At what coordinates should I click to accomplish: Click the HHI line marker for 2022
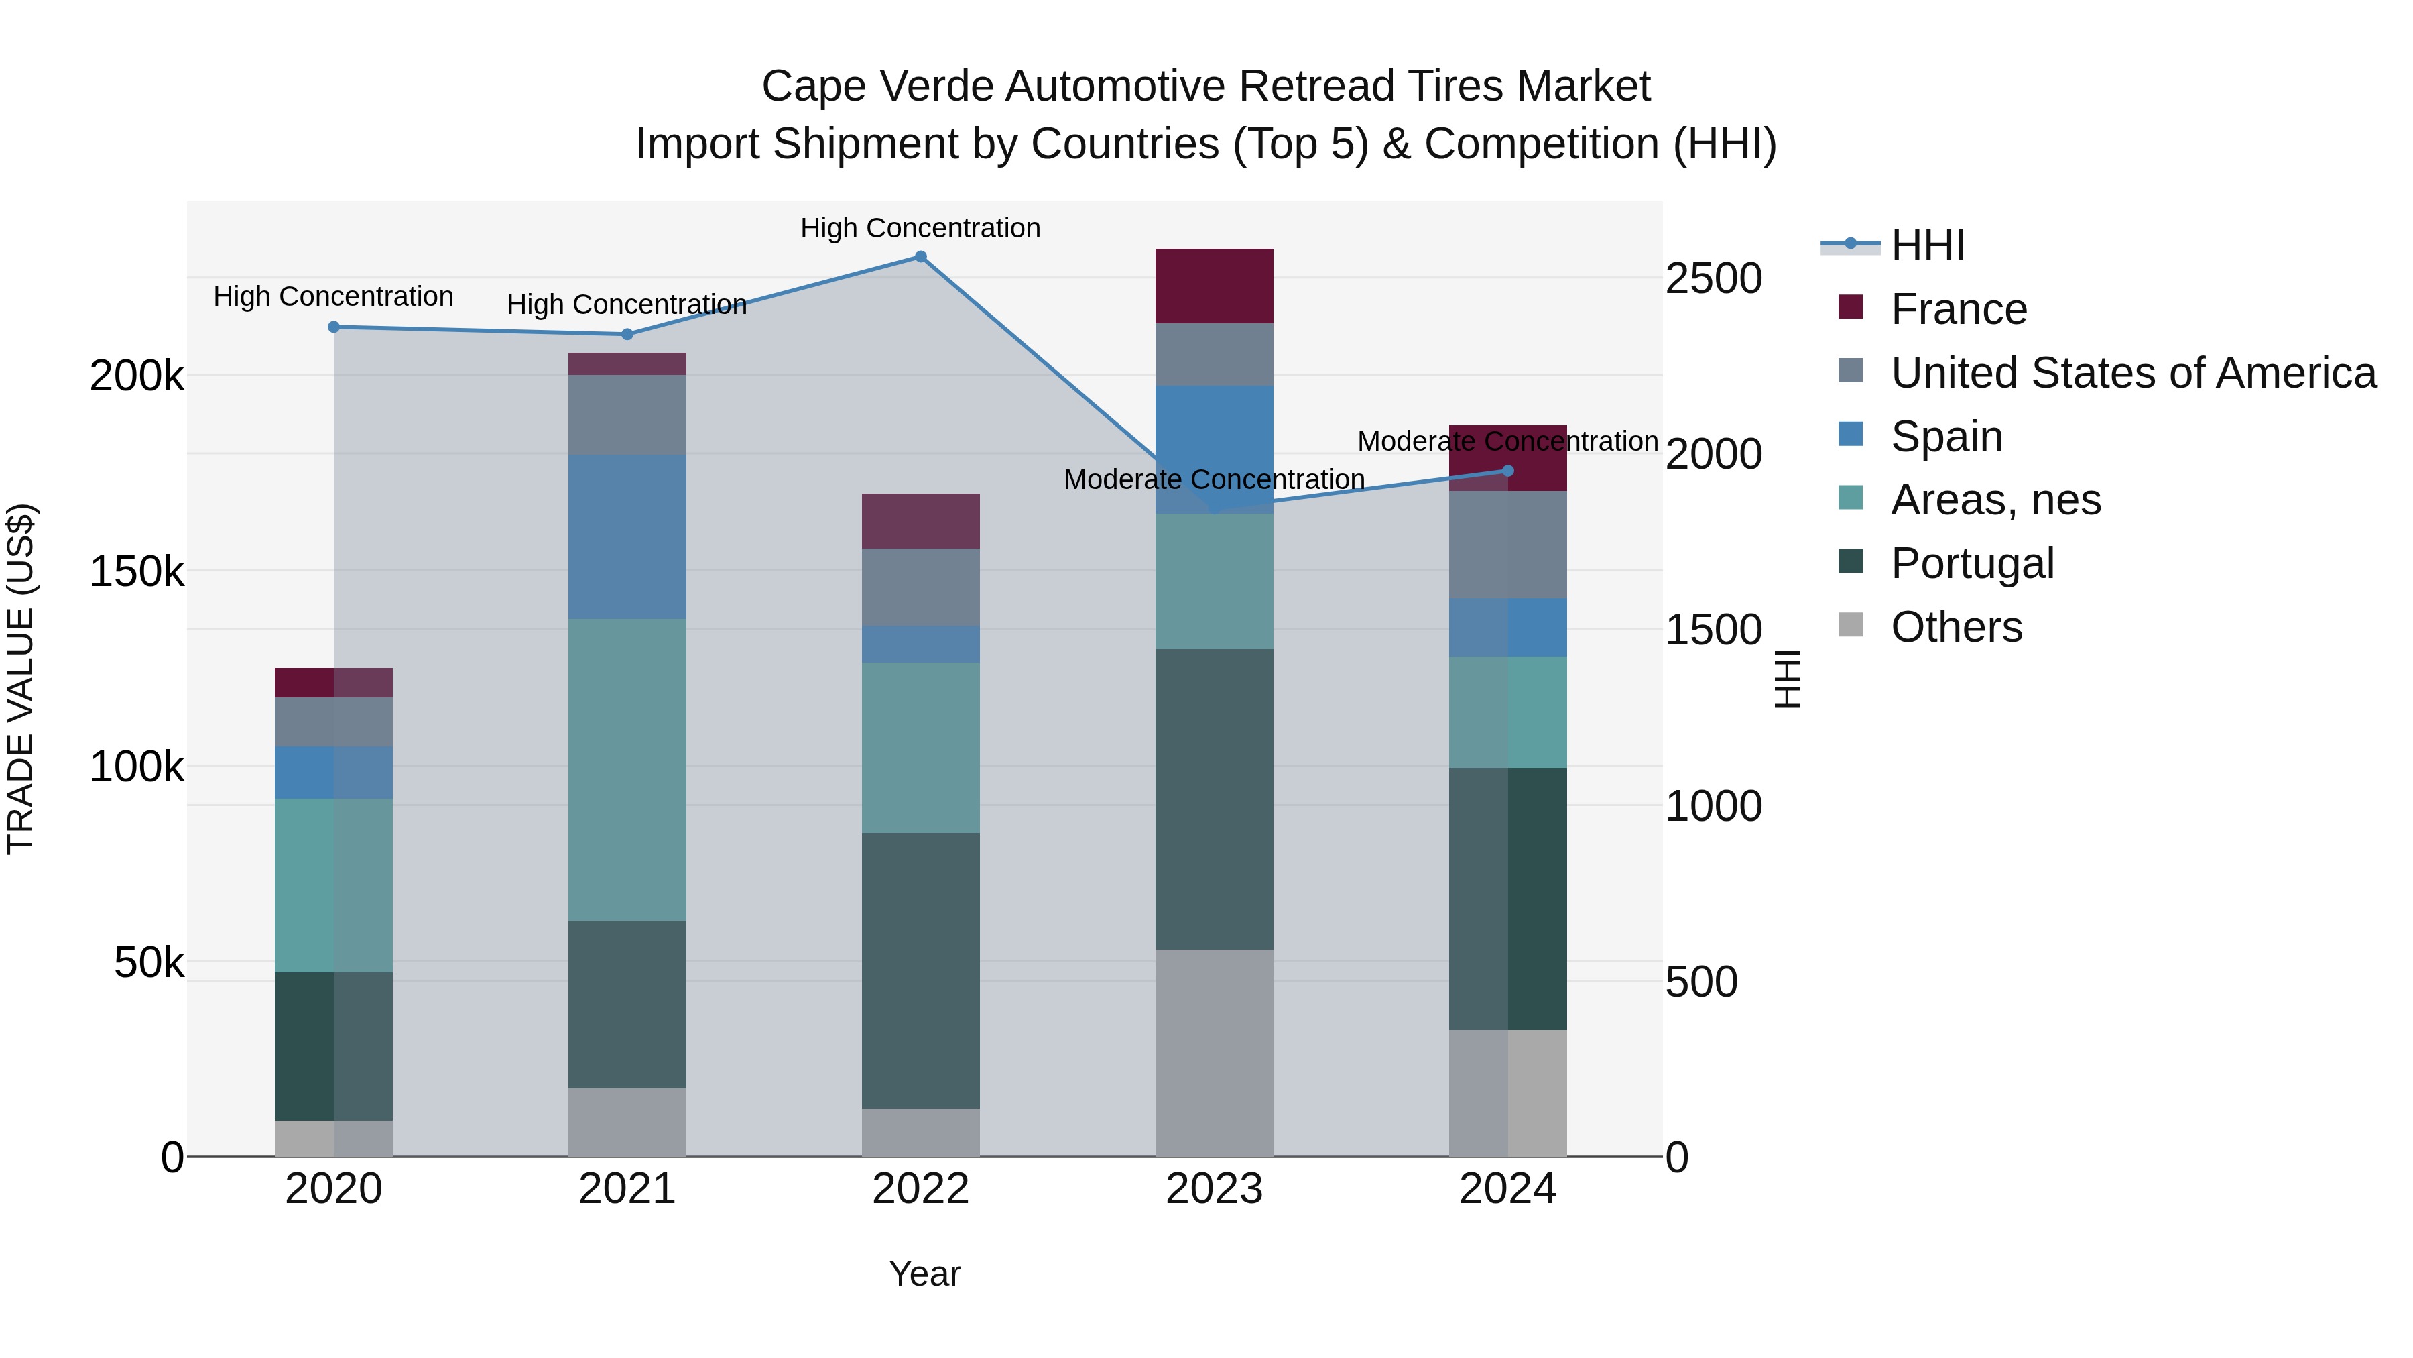pyautogui.click(x=921, y=257)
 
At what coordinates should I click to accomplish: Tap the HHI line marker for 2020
pyautogui.click(x=334, y=327)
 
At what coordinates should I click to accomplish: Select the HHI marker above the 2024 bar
pyautogui.click(x=1508, y=471)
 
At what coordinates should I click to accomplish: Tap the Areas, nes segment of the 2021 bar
pyautogui.click(x=627, y=769)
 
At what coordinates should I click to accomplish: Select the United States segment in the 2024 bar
pyautogui.click(x=1508, y=545)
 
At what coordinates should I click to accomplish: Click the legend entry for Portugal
pyautogui.click(x=1972, y=563)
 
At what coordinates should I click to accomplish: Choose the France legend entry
pyautogui.click(x=1959, y=309)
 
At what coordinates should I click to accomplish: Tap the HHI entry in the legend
pyautogui.click(x=1928, y=245)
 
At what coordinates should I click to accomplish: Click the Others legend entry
pyautogui.click(x=1956, y=627)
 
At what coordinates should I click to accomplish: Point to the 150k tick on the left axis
pyautogui.click(x=137, y=571)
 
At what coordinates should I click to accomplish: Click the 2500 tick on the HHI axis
pyautogui.click(x=1713, y=278)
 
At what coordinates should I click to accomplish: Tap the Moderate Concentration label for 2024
pyautogui.click(x=1508, y=441)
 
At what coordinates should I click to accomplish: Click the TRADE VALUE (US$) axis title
pyautogui.click(x=21, y=679)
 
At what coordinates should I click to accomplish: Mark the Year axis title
pyautogui.click(x=924, y=1274)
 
